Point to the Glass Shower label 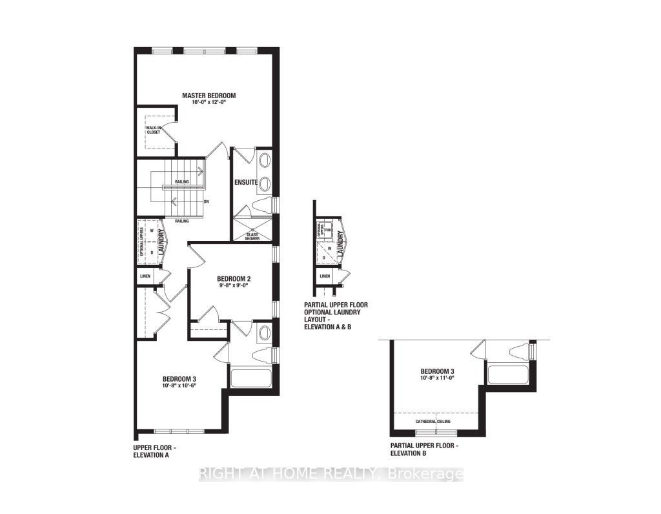252,235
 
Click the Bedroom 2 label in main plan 233,279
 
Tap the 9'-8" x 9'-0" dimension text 233,287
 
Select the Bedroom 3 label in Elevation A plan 179,378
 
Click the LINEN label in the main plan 144,276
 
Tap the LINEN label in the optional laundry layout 325,276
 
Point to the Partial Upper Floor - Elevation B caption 424,450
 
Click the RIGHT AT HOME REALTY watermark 330,475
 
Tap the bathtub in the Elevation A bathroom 251,377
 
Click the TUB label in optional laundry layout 327,229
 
